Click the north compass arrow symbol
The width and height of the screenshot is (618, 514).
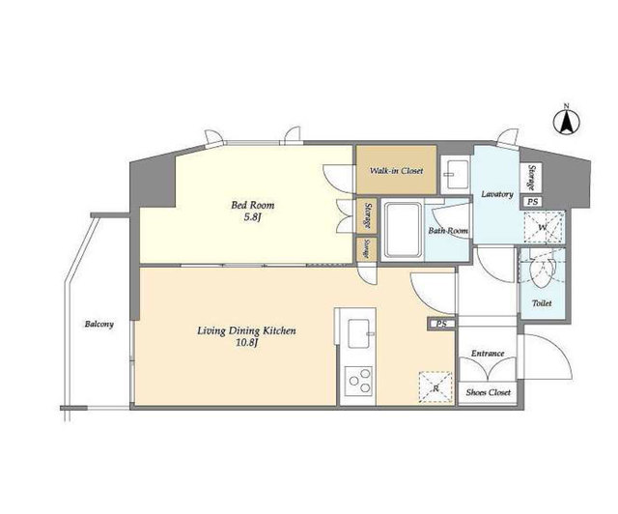(x=567, y=122)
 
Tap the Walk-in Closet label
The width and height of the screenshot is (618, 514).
(x=396, y=171)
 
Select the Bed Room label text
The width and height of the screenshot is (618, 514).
(x=253, y=205)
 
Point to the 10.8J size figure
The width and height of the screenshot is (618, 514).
(x=247, y=343)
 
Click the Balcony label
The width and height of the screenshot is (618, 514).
(x=99, y=325)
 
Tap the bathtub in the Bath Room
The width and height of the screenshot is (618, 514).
(x=403, y=230)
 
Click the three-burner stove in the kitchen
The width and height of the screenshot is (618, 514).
(x=358, y=382)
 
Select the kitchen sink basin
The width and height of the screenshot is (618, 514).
(x=358, y=333)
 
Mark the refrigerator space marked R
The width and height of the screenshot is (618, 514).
(x=435, y=387)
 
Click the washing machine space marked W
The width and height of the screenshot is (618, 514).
(x=544, y=227)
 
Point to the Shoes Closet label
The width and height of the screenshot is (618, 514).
(x=488, y=392)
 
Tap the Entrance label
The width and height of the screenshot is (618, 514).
(x=488, y=353)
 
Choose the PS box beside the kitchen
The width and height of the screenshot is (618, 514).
(x=441, y=324)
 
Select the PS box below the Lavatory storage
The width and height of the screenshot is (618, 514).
(x=532, y=202)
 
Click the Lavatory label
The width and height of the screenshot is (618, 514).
(x=497, y=194)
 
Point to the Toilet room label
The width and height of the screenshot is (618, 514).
(x=542, y=303)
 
